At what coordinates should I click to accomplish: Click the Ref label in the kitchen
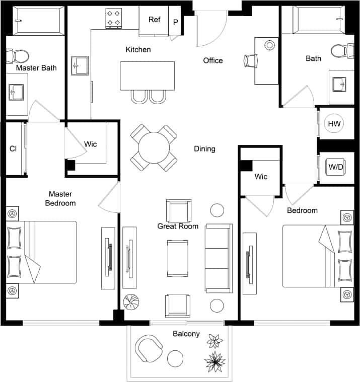pos(154,20)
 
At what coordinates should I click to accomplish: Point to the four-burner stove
pos(114,18)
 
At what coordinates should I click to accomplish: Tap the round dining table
pos(154,147)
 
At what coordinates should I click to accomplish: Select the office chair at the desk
pos(250,60)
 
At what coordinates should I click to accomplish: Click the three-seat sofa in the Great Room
pos(219,258)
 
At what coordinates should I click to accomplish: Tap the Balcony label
pos(186,334)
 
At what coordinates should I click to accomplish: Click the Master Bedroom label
pos(60,198)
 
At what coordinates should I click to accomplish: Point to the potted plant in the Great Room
pos(132,301)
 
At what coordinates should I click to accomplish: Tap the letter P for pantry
pos(176,22)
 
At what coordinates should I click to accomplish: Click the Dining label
pos(204,148)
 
